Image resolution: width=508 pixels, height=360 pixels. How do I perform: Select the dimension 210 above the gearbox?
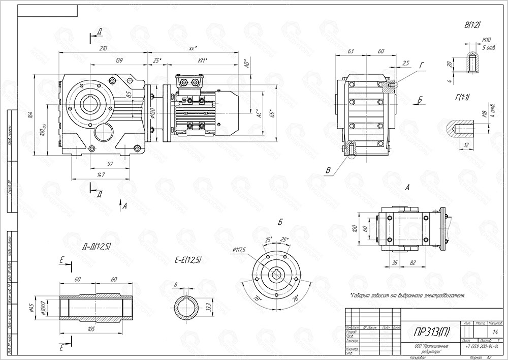(x=103, y=49)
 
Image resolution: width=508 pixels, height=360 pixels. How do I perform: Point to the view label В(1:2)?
(x=472, y=24)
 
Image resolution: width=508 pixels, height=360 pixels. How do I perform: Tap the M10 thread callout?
(x=487, y=40)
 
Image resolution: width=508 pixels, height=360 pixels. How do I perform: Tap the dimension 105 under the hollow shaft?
(x=91, y=329)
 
